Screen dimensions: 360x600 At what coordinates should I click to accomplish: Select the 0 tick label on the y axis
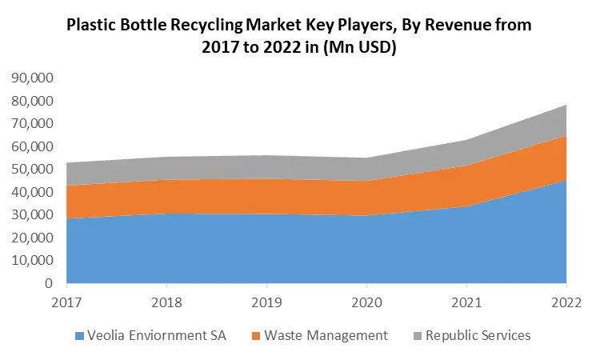pos(50,283)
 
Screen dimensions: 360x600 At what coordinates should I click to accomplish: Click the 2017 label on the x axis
pos(66,302)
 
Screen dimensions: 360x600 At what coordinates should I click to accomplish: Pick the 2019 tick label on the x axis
pos(266,302)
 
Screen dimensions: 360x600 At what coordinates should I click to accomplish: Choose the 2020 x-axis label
pos(366,302)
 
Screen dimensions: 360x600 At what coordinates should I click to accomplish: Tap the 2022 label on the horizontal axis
pos(566,302)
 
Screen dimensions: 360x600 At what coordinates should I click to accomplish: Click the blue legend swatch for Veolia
pos(78,336)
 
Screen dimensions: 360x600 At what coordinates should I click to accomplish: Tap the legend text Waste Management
pos(327,336)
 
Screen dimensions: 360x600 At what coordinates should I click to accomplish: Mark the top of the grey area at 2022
pos(566,105)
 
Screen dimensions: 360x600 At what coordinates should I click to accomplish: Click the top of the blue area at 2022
pos(566,181)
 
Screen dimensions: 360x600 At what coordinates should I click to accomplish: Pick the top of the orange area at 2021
pos(466,166)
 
